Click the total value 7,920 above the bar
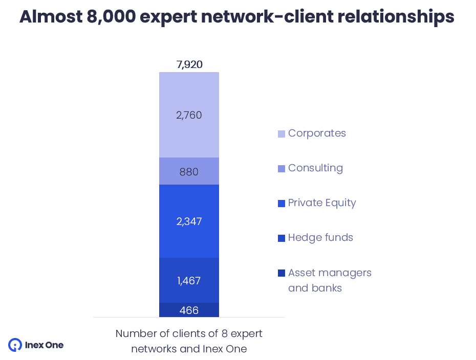[x=189, y=65]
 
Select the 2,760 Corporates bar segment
[x=189, y=115]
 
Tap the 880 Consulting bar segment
[x=189, y=172]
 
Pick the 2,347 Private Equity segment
[x=189, y=221]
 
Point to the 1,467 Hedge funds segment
[x=189, y=281]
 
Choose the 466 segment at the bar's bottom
[x=189, y=310]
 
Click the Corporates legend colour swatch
[x=282, y=134]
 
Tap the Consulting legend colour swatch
[x=282, y=169]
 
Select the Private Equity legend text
[x=321, y=203]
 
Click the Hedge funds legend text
[x=320, y=238]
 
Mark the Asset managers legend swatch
[x=282, y=273]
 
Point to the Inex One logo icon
[x=15, y=345]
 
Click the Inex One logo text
[x=45, y=345]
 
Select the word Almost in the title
[x=44, y=17]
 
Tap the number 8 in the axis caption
[x=224, y=334]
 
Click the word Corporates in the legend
[x=317, y=133]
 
